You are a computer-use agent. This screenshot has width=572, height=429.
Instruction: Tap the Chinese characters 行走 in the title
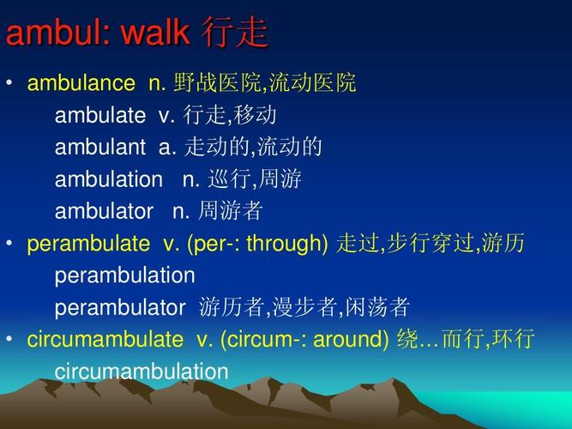pyautogui.click(x=235, y=33)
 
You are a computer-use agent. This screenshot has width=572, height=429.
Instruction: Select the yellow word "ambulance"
pyautogui.click(x=81, y=84)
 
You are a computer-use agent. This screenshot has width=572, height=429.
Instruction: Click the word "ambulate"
pyautogui.click(x=100, y=116)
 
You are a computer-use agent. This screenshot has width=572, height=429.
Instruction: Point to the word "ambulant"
pyautogui.click(x=100, y=148)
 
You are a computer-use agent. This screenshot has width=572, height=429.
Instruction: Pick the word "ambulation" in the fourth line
pyautogui.click(x=108, y=179)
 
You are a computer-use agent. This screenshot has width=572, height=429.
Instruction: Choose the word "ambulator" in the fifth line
pyautogui.click(x=104, y=211)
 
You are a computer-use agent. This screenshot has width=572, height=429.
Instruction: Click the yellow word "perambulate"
pyautogui.click(x=87, y=244)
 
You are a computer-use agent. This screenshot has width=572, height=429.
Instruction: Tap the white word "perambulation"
pyautogui.click(x=125, y=275)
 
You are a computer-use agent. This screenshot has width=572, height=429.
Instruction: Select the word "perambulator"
pyautogui.click(x=120, y=307)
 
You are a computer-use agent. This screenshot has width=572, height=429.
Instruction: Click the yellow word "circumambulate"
pyautogui.click(x=105, y=340)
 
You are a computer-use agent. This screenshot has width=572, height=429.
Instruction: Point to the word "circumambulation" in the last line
pyautogui.click(x=141, y=372)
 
